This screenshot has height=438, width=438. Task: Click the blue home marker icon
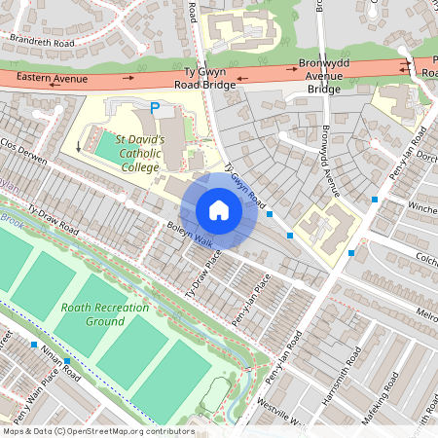tap(219, 210)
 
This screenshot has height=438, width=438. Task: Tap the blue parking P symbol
tap(153, 108)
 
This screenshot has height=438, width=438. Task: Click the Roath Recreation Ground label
tap(105, 314)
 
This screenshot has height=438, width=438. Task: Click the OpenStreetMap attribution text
tap(97, 431)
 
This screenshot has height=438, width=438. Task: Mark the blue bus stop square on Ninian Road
tap(34, 345)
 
